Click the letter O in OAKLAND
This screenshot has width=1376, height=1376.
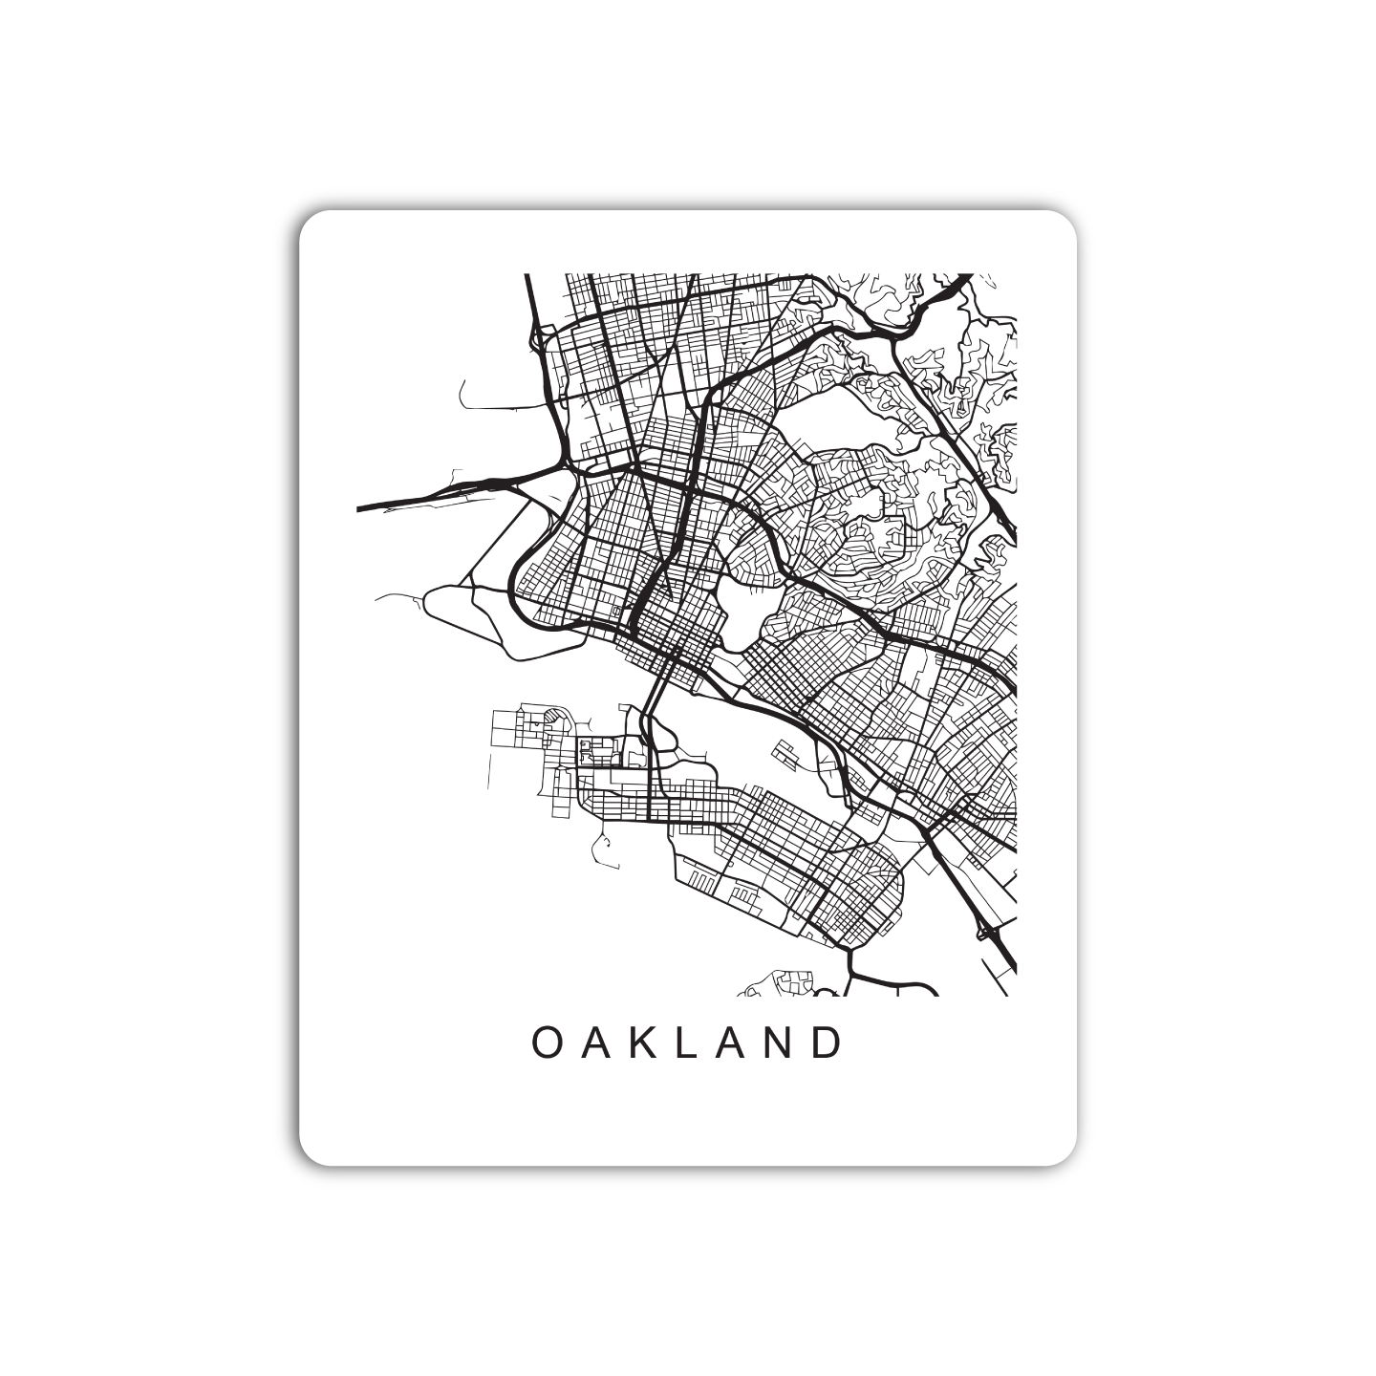546,1043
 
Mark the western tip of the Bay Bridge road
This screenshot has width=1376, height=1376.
359,508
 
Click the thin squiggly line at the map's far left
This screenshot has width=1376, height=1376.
399,596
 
